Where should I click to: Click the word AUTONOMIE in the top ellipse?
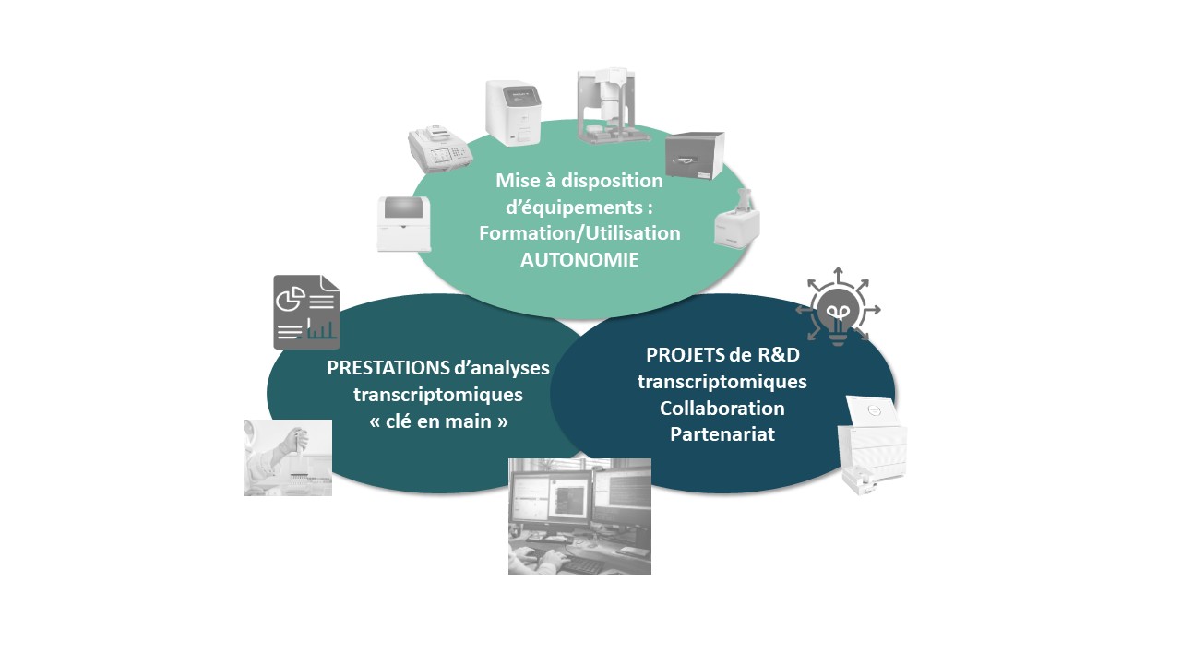[579, 260]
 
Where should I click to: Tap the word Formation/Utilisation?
[579, 233]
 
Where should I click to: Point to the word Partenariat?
[722, 434]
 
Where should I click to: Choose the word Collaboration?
[722, 408]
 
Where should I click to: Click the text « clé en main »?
[438, 421]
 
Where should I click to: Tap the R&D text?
[779, 355]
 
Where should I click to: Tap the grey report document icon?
[306, 312]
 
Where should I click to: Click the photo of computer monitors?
[579, 516]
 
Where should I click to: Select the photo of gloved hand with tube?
[288, 457]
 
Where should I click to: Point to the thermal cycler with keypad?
[441, 149]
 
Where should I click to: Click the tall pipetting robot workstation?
[614, 105]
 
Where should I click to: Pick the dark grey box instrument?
[695, 156]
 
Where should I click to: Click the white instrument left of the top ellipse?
[404, 224]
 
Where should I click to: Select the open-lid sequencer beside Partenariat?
[873, 445]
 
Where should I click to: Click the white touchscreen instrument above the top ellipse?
[514, 113]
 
